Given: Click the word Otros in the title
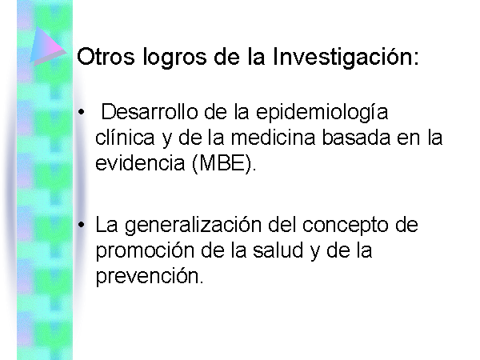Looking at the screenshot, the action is coord(106,56).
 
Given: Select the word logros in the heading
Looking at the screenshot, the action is coord(174,58).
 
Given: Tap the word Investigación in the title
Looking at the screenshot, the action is coord(342,58).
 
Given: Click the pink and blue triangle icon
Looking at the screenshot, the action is coord(48,46).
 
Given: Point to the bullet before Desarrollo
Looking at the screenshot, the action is coord(81,112).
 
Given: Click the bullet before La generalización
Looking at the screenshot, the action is coord(81,225).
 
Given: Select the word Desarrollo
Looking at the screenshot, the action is coord(150,111).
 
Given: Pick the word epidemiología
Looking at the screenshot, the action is coord(322,114).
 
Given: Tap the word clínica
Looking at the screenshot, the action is coord(125,137).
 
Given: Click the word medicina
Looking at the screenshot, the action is coord(273,137).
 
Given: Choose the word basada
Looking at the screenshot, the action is coord(356,137).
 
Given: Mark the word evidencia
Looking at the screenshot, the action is coord(140,163).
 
